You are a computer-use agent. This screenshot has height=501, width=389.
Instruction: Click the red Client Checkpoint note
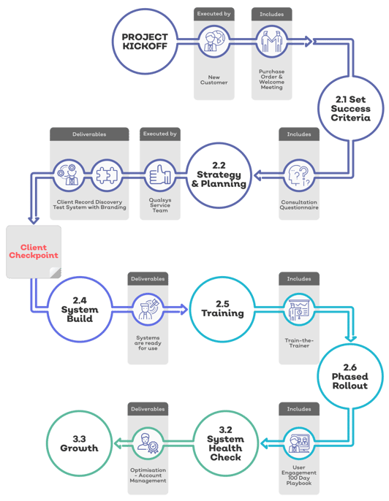tap(34, 251)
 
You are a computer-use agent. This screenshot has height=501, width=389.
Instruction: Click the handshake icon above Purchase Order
tap(271, 42)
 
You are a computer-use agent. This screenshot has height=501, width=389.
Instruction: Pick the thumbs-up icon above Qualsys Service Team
tap(160, 175)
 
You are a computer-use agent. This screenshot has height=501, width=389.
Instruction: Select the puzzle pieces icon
tap(107, 175)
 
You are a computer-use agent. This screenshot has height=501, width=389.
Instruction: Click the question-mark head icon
tap(299, 175)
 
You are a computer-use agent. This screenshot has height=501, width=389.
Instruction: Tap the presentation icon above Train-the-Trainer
tap(299, 310)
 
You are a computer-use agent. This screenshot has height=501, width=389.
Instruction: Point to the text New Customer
tap(214, 80)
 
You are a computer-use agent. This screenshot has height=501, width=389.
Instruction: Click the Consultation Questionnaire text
tap(299, 204)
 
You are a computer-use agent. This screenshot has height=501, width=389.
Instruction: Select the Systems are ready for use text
tap(148, 343)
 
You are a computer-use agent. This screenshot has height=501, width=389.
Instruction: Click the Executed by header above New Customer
tap(214, 14)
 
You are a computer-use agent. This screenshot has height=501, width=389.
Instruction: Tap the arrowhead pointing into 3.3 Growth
tap(117, 443)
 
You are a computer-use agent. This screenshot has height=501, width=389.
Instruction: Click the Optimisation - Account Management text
tap(148, 475)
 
